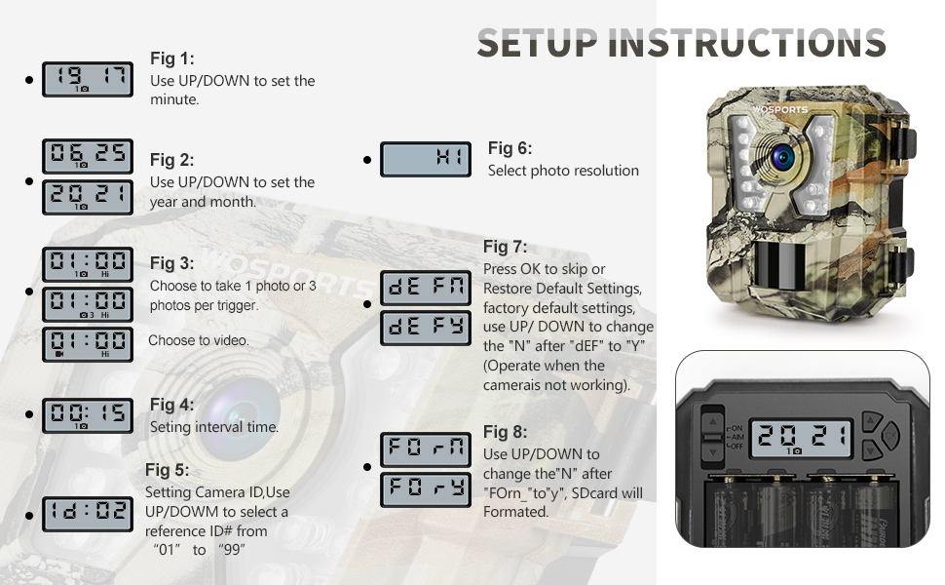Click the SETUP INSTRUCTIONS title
point(681,43)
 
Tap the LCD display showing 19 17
point(88,79)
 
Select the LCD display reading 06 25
point(88,156)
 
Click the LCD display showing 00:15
point(88,416)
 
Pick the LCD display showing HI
point(425,159)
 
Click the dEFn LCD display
point(425,288)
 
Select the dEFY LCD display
point(425,328)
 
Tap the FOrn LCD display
point(425,449)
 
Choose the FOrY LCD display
point(425,488)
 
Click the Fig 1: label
point(172,58)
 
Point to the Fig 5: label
point(168,471)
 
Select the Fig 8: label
point(506,432)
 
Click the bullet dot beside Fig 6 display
point(367,160)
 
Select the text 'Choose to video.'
point(199,340)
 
